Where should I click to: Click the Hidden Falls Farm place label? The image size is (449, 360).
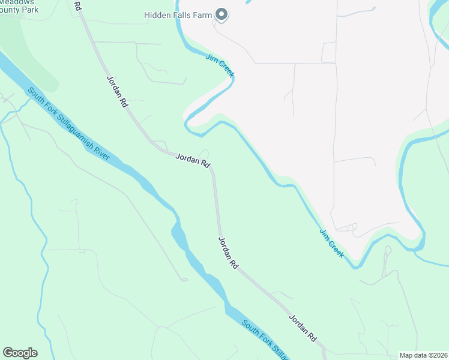tap(178, 14)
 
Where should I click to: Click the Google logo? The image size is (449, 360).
tap(20, 353)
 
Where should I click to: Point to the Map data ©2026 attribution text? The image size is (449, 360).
tap(423, 355)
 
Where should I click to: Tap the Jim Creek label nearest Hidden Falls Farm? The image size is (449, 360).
tap(220, 65)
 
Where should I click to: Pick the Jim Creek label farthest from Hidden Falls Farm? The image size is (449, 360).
tap(332, 244)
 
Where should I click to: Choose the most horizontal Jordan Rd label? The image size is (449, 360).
tap(193, 160)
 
